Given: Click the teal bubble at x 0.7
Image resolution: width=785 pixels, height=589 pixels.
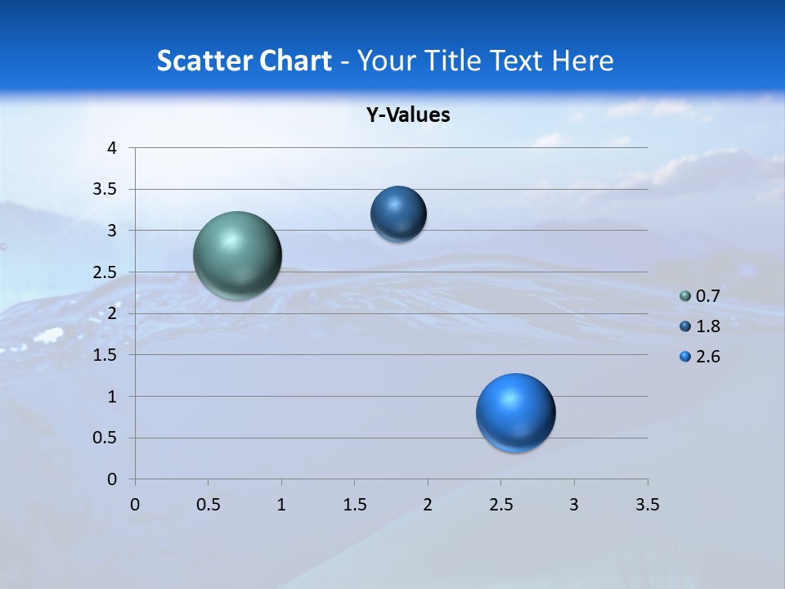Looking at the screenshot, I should click(237, 255).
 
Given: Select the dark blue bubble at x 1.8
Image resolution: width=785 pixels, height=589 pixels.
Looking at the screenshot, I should click(398, 214).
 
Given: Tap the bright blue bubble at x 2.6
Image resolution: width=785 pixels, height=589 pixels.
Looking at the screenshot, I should click(515, 412).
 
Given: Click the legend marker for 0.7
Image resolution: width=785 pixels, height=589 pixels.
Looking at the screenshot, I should click(685, 296).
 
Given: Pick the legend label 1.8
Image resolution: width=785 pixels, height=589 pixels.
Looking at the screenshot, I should click(707, 326).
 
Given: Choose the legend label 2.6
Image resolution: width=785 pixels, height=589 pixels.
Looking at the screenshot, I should click(707, 357).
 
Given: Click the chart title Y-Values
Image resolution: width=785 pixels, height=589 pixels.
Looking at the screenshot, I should click(408, 115).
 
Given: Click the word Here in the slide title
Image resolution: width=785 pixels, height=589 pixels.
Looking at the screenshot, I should click(582, 61).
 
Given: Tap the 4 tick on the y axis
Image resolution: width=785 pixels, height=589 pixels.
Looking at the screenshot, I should click(112, 148).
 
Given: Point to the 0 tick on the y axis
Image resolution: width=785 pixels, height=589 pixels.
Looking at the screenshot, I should click(112, 479).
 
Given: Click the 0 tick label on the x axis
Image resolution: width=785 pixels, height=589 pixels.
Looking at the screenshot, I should click(136, 505).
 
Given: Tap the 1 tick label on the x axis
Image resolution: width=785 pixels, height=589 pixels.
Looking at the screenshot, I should click(281, 505).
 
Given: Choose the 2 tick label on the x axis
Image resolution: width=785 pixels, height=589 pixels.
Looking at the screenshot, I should click(428, 505).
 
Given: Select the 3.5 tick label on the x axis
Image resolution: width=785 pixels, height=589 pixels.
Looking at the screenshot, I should click(647, 505).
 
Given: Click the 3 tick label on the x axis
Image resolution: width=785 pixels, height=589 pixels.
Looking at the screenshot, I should click(574, 505).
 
